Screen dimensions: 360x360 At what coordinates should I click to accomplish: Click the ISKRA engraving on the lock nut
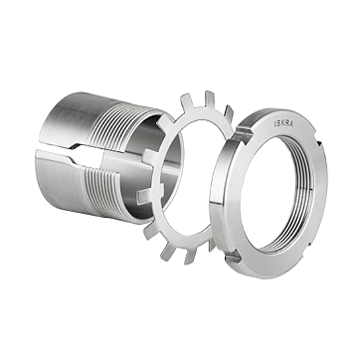point(283,123)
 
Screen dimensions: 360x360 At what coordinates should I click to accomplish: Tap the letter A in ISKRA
point(291,124)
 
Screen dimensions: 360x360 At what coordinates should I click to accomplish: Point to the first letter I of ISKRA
point(274,123)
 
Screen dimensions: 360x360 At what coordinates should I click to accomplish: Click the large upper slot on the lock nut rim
point(243,134)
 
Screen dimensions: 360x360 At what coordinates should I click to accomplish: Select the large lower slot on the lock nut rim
point(234,258)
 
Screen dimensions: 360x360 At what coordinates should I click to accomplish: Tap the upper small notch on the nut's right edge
point(319,143)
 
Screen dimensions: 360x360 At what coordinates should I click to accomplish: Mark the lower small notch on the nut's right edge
point(309,245)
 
